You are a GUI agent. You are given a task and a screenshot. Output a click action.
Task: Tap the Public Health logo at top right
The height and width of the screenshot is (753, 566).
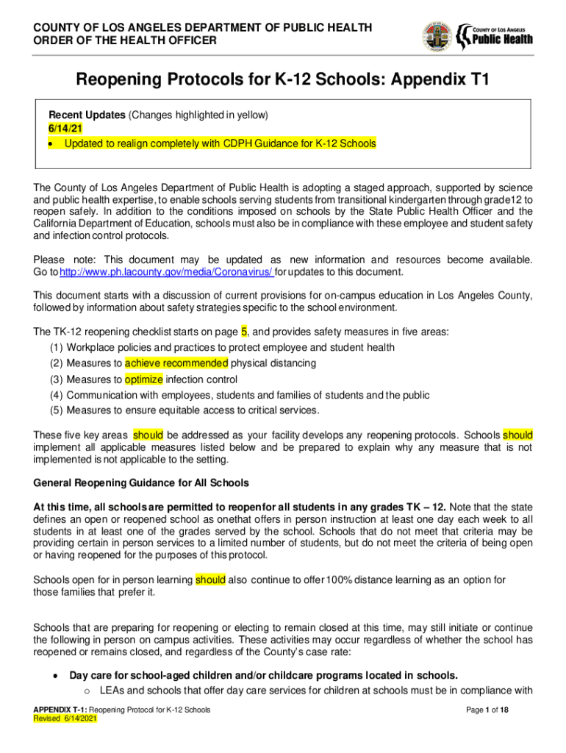coord(495,35)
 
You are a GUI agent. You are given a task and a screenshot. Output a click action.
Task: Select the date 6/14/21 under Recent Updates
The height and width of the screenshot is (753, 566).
coord(65,128)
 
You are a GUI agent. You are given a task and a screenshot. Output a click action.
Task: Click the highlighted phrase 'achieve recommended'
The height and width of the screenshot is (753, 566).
coord(176,363)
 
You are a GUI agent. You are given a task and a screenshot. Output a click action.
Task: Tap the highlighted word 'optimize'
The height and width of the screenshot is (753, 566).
coord(143,379)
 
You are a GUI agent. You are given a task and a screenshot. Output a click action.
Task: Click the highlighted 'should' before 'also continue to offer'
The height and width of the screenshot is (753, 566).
coord(210,580)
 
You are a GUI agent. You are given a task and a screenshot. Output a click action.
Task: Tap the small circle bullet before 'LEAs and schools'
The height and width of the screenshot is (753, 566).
coord(87,691)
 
